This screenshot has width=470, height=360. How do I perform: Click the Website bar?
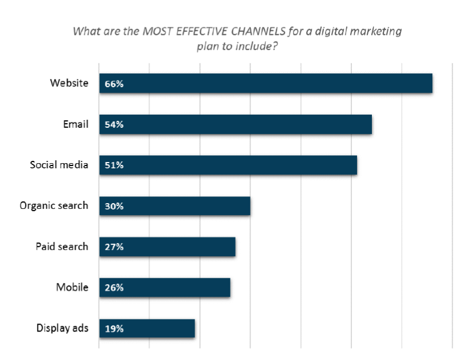pos(265,83)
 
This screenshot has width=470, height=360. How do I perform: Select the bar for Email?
pos(235,124)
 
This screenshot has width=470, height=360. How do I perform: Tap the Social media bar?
pos(228,165)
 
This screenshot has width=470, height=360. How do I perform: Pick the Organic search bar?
pos(175,206)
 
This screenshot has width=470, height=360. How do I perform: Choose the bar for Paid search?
pos(167,246)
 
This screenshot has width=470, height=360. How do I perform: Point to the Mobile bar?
pos(164,288)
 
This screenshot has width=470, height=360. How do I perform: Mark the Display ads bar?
pos(147,329)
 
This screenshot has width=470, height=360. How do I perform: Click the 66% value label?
pos(114,84)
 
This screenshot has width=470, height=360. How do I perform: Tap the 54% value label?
pos(114,125)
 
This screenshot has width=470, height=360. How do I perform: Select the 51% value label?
pos(114,165)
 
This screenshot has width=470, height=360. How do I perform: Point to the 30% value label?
pos(114,207)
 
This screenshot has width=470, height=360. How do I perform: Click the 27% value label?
pos(114,247)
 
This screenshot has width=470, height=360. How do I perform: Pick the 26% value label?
pos(114,288)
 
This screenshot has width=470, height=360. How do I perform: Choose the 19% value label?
pos(114,329)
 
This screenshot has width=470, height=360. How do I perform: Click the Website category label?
pos(69,83)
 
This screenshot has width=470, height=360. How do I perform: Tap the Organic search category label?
pos(54,205)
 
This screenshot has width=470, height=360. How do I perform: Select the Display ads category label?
pos(62,328)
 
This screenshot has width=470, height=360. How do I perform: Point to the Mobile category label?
pos(72,287)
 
